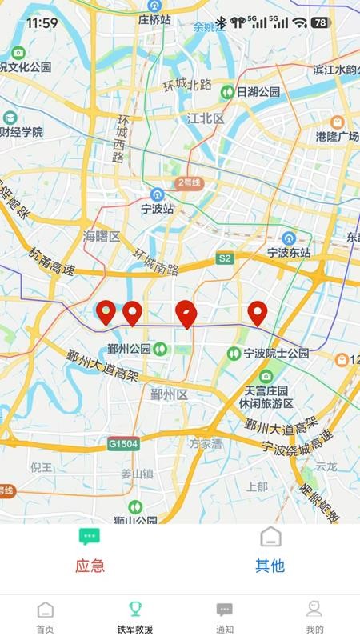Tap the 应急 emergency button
coord(90,551)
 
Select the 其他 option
coord(270,551)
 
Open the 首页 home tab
coord(46,617)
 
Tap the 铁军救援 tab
coord(134,617)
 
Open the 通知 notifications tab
coord(225,617)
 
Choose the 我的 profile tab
coord(314,617)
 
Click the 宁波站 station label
coord(158,208)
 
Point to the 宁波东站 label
coord(289,251)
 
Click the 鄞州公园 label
coord(130,348)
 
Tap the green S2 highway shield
coord(225,258)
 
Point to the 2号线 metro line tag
coord(190,183)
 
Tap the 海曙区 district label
coord(102,236)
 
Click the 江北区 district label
coord(204,118)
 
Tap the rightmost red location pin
coord(257,313)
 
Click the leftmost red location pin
coord(106,312)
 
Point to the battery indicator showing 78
coord(321,22)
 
